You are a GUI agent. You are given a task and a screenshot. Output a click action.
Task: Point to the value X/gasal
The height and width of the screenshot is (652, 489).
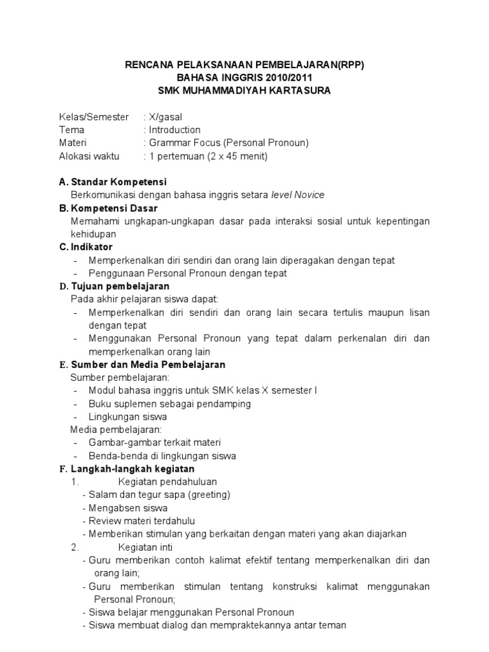point(166,117)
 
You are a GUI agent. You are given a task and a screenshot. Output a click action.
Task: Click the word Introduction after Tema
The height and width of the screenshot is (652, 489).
point(174,130)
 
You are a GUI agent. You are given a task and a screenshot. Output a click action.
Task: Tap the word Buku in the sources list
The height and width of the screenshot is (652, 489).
point(99,404)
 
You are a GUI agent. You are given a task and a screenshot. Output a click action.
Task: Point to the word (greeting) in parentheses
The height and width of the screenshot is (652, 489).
point(208,495)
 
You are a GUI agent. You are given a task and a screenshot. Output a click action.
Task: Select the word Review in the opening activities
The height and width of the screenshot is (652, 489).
point(103,521)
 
